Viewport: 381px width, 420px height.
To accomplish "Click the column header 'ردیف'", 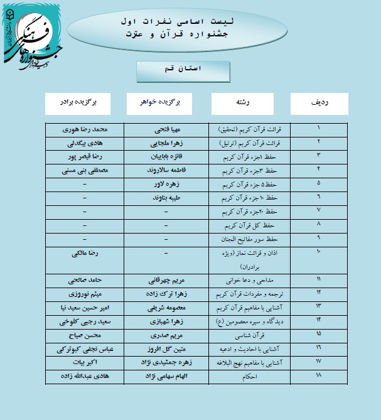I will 319,102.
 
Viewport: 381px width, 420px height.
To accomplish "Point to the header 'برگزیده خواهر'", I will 165,102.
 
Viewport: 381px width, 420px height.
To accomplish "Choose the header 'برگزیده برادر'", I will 85,102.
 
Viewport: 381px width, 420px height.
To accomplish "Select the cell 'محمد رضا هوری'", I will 85,131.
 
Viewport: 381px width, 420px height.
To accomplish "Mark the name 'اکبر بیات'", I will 85,363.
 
